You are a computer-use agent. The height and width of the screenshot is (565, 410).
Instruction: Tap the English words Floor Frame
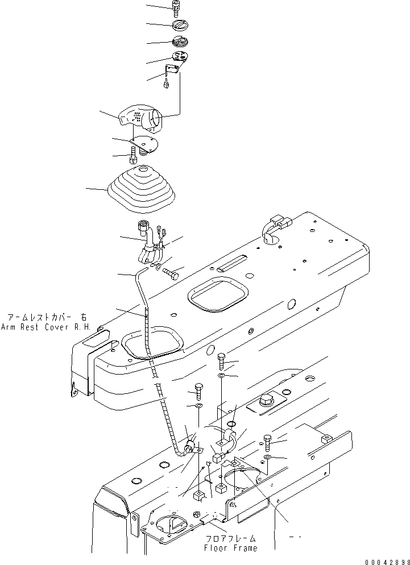tap(231, 548)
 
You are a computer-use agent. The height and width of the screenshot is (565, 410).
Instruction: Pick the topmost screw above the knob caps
tap(176, 7)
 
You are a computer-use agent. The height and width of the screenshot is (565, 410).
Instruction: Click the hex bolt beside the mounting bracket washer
tap(171, 273)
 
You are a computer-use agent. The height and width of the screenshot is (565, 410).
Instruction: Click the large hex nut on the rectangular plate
tap(265, 401)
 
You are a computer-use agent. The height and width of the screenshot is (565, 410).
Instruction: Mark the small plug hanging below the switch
tap(165, 86)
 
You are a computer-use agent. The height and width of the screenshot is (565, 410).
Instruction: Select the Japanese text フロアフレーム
tap(231, 538)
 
